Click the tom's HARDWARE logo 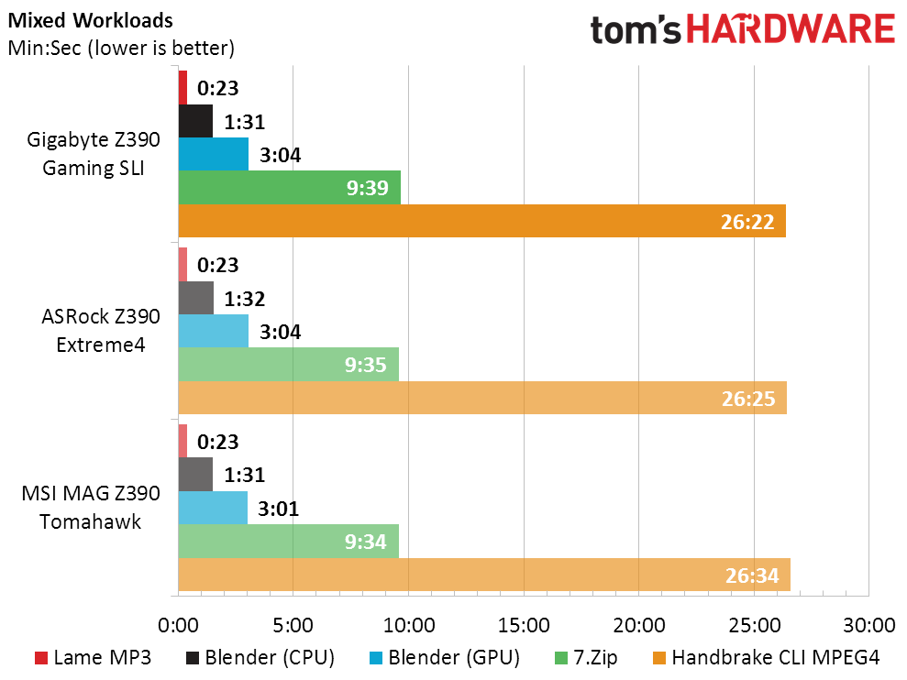coord(742,30)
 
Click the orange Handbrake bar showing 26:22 coord(481,221)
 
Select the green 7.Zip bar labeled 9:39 coord(289,187)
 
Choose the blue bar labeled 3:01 coord(213,508)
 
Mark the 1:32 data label coord(243,299)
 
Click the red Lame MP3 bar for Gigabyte coord(183,87)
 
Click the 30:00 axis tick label coord(868,627)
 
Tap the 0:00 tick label coord(178,627)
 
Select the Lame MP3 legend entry coord(91,657)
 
